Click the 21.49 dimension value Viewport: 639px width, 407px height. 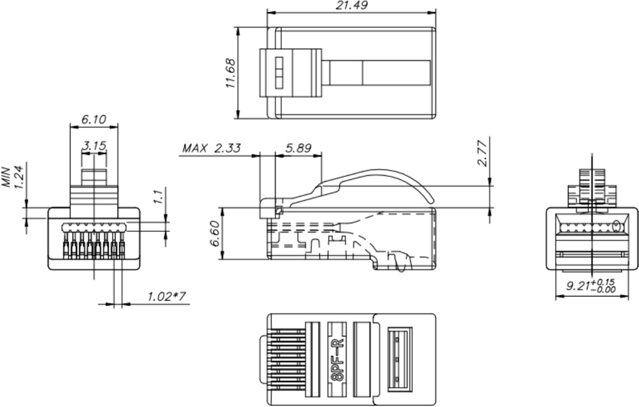(351, 5)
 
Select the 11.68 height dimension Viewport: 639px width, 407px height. (230, 73)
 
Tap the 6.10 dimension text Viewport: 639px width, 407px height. (94, 119)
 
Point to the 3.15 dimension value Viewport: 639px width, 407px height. (94, 146)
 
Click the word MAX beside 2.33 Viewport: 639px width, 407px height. (194, 148)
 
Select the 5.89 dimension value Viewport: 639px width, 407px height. (298, 148)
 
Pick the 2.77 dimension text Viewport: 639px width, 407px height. (482, 153)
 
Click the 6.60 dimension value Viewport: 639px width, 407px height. (215, 234)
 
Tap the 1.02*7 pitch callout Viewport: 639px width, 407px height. (167, 296)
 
